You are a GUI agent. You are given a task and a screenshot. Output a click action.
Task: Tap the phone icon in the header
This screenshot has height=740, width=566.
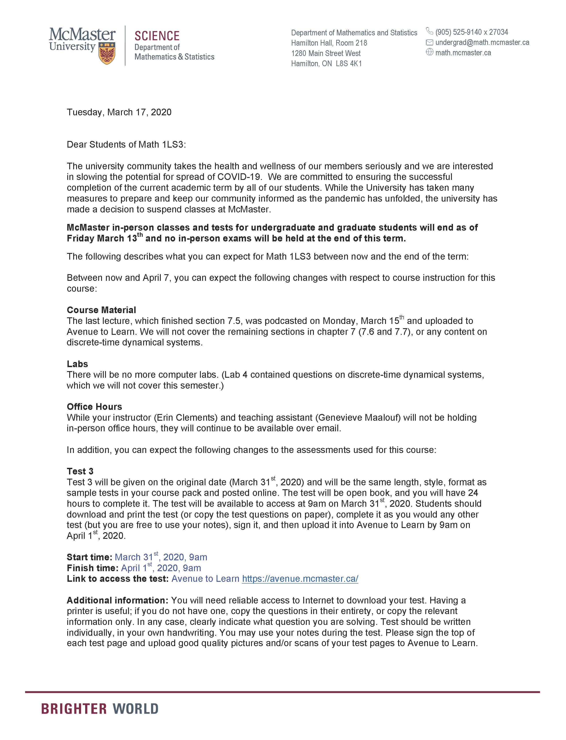429,31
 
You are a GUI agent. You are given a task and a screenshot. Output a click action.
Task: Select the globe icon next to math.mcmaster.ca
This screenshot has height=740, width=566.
429,52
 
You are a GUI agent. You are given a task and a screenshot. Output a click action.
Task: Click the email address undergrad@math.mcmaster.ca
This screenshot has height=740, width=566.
482,42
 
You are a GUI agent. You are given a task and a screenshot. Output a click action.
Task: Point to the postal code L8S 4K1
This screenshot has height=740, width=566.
349,64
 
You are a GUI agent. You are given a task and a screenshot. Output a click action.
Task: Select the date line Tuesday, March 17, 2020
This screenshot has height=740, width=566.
119,112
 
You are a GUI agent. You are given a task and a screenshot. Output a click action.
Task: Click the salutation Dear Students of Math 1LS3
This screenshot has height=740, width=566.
126,145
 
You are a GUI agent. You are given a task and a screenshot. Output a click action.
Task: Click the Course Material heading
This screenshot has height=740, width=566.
101,310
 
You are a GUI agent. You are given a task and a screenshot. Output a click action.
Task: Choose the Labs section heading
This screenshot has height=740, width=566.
77,364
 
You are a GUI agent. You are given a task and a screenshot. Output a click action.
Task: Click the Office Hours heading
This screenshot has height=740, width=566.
94,407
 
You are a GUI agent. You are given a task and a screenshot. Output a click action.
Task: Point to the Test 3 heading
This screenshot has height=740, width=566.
80,471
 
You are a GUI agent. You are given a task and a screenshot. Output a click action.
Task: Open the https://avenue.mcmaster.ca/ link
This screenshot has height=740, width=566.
300,579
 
